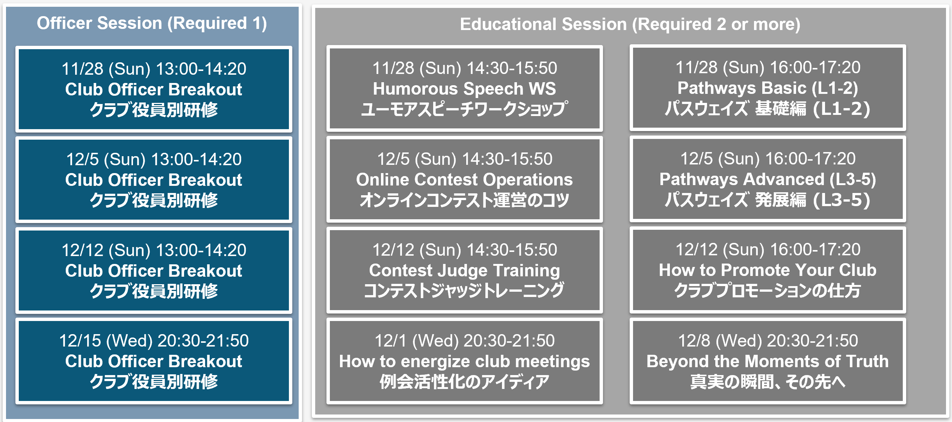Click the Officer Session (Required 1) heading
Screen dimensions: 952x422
point(152,23)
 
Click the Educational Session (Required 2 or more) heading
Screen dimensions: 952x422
point(630,24)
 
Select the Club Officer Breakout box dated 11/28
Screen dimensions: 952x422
point(154,89)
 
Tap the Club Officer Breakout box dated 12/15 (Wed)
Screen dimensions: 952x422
point(154,361)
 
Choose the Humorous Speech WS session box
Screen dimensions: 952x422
point(464,89)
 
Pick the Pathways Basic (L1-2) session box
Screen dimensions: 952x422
point(768,88)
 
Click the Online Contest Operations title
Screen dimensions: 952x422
point(464,179)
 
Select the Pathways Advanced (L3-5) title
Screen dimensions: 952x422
point(768,179)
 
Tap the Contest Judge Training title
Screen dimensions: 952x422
point(464,271)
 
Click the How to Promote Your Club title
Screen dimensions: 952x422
point(768,270)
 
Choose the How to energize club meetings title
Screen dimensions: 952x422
point(464,362)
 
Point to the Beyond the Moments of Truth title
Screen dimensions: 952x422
point(768,361)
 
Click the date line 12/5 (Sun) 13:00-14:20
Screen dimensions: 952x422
point(154,159)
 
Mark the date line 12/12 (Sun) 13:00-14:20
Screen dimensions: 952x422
point(154,250)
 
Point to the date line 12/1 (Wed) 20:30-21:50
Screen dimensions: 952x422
point(464,341)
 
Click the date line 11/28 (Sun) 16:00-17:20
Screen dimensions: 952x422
point(768,68)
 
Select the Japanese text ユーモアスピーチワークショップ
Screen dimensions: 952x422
point(464,109)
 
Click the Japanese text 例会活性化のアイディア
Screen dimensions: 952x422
point(464,382)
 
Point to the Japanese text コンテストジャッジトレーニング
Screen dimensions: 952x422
point(464,291)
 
